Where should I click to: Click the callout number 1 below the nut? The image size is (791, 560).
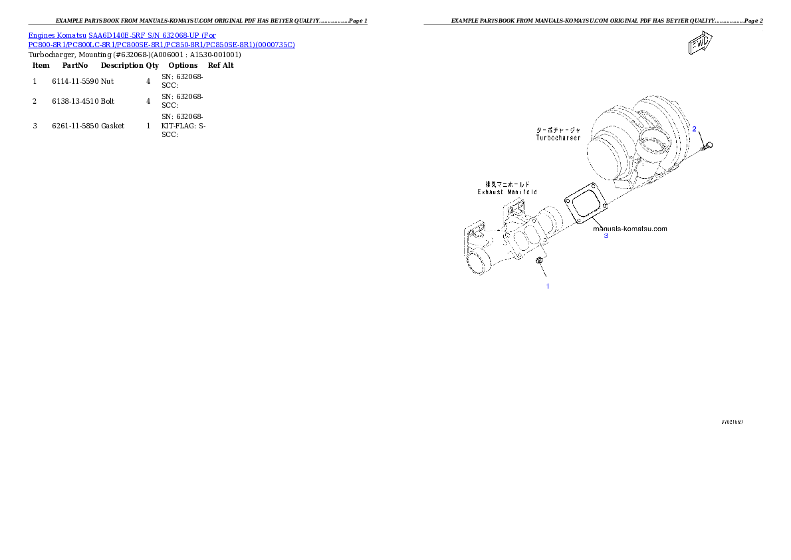pyautogui.click(x=548, y=286)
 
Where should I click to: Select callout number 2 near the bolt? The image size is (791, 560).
pyautogui.click(x=694, y=128)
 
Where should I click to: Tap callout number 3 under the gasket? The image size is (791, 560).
pyautogui.click(x=606, y=235)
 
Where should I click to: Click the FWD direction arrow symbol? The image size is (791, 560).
pyautogui.click(x=699, y=45)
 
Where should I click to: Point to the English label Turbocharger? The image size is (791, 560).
pyautogui.click(x=558, y=138)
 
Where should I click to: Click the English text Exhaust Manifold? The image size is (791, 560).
pyautogui.click(x=507, y=192)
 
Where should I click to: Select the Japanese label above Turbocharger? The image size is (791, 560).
pyautogui.click(x=558, y=130)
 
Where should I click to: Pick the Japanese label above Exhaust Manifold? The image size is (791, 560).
pyautogui.click(x=507, y=184)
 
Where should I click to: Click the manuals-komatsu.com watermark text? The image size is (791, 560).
pyautogui.click(x=629, y=228)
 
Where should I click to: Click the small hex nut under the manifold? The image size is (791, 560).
pyautogui.click(x=540, y=264)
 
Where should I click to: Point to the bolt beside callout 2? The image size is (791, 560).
pyautogui.click(x=706, y=144)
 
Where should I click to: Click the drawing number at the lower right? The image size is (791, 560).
pyautogui.click(x=732, y=422)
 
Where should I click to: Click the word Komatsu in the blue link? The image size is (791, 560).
pyautogui.click(x=72, y=35)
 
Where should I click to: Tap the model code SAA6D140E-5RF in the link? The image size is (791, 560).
pyautogui.click(x=119, y=35)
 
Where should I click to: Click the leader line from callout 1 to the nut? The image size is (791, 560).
pyautogui.click(x=544, y=275)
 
